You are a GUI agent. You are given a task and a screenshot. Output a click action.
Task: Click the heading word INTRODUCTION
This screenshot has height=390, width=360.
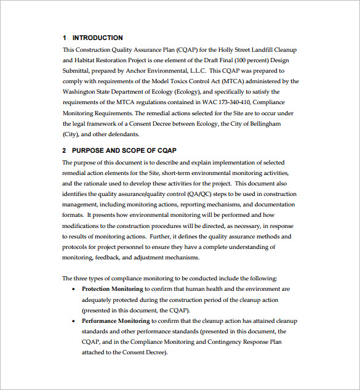(x=97, y=38)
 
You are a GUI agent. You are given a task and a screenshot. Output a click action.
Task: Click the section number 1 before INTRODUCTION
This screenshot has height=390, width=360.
(x=64, y=38)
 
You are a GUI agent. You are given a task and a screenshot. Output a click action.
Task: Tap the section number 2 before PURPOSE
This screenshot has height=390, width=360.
(x=64, y=150)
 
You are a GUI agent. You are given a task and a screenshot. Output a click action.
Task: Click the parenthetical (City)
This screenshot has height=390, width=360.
(x=71, y=134)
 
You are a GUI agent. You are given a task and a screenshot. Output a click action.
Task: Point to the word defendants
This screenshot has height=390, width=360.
(x=122, y=134)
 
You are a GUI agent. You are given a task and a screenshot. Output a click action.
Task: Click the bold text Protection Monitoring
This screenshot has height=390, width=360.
(x=112, y=289)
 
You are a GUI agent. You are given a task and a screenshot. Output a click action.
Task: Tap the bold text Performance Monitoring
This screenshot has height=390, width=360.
(x=116, y=321)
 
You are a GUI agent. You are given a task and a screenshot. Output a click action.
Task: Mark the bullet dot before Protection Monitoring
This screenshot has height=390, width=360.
(x=74, y=289)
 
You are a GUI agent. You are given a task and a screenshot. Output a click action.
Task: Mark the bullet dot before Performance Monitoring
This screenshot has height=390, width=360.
(x=74, y=321)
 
